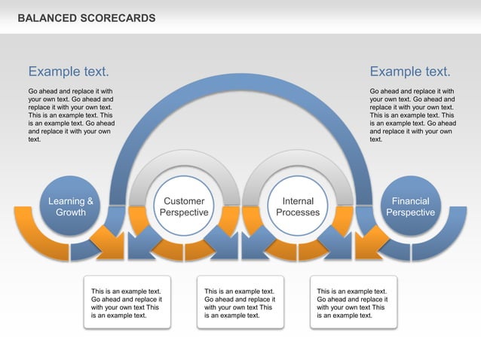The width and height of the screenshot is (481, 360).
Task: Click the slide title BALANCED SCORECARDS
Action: [87, 17]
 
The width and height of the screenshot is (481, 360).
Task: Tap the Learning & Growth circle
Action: [71, 206]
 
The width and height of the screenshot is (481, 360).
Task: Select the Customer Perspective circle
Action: [184, 206]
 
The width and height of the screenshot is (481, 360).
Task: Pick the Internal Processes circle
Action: [298, 206]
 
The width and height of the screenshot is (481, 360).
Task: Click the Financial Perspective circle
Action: [410, 206]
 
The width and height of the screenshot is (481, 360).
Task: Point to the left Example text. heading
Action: [69, 72]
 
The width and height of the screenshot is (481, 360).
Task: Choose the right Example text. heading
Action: [410, 72]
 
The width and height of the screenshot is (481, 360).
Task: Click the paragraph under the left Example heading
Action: [72, 115]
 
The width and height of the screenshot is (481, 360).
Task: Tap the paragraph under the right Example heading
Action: [412, 115]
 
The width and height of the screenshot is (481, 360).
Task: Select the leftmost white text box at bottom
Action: [127, 303]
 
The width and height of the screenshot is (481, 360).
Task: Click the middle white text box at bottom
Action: [240, 303]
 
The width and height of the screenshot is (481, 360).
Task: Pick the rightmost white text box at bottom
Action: [353, 303]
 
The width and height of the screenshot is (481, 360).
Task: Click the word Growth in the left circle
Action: [71, 212]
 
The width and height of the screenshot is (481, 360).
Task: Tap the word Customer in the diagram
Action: [184, 201]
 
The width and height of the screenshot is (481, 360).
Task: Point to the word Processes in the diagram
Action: [298, 212]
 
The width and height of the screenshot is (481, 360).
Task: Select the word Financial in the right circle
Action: [410, 201]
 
